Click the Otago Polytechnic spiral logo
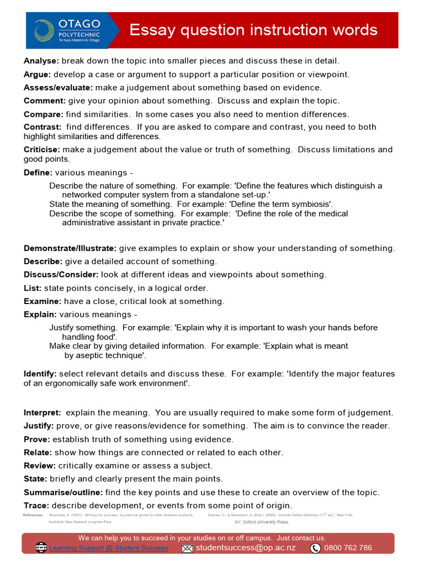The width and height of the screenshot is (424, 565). [x=44, y=30]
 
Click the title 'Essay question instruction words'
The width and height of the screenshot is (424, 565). [x=253, y=30]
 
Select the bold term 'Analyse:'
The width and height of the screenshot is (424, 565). [x=41, y=61]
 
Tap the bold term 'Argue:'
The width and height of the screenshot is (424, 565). [x=37, y=74]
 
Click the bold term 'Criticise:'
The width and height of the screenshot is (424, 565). [x=42, y=150]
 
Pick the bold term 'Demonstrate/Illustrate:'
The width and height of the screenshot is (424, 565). [x=70, y=248]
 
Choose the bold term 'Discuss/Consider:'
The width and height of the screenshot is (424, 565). [x=61, y=275]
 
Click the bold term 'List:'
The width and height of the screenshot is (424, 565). [x=33, y=288]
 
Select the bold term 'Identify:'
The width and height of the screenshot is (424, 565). [x=40, y=374]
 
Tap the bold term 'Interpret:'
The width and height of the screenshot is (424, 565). [x=43, y=413]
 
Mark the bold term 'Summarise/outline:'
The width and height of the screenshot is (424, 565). [x=63, y=492]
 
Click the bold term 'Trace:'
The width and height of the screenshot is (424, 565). [x=36, y=505]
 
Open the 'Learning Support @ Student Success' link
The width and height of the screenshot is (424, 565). [x=109, y=548]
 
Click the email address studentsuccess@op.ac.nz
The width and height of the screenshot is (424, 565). [x=246, y=548]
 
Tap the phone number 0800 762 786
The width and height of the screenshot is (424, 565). [x=348, y=548]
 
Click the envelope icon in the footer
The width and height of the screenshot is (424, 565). [x=187, y=548]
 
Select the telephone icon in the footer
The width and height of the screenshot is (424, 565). [x=315, y=548]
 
